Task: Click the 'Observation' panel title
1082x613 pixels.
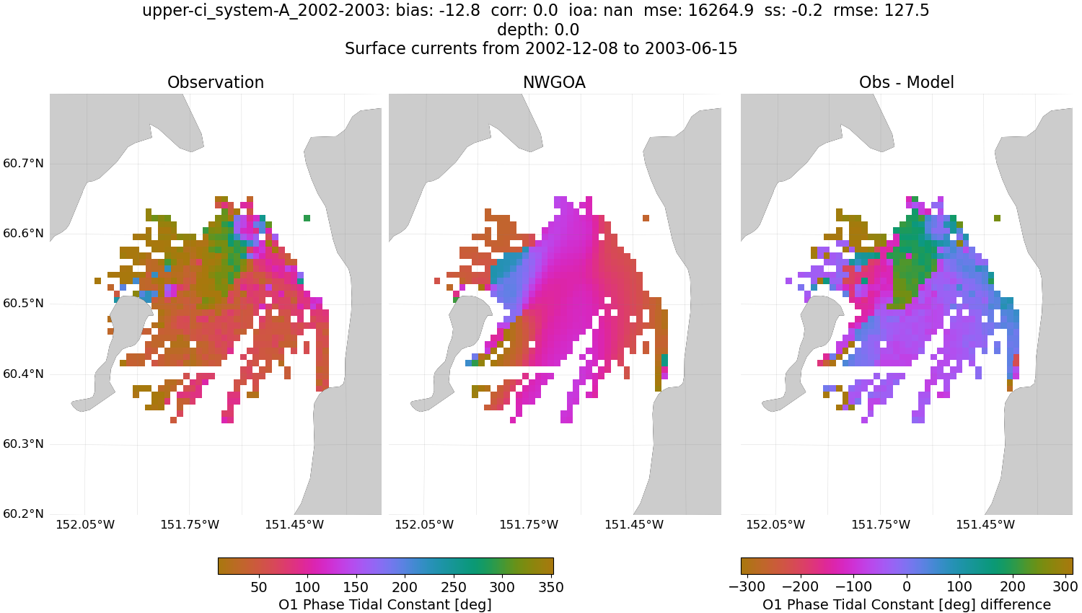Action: click(x=216, y=83)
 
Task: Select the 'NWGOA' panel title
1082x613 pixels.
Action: click(x=554, y=83)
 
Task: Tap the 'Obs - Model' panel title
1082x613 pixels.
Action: click(x=906, y=83)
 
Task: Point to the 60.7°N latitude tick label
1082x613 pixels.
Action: click(x=24, y=164)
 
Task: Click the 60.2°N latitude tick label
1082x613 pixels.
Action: click(x=24, y=514)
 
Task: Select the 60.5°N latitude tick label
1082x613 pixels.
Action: click(x=24, y=304)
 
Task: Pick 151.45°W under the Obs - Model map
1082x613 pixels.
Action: click(x=985, y=525)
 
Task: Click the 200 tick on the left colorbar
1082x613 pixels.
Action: click(x=405, y=587)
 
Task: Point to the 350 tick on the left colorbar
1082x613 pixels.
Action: click(x=551, y=587)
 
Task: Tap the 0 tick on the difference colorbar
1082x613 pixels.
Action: click(x=907, y=587)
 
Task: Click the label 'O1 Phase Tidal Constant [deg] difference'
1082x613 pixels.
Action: click(x=907, y=604)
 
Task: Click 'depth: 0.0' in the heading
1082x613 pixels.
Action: click(x=538, y=30)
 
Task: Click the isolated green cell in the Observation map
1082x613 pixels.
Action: click(x=307, y=218)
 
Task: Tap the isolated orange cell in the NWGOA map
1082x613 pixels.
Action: click(x=646, y=218)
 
